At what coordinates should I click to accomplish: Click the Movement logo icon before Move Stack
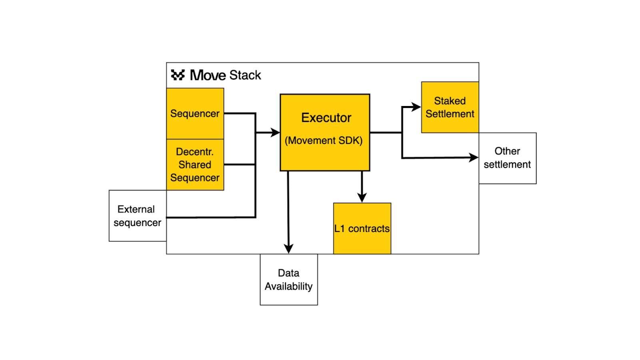click(x=178, y=75)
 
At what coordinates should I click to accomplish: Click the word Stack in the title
click(x=245, y=75)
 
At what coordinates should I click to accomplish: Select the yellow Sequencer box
click(x=195, y=113)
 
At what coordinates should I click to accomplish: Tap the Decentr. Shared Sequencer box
click(x=195, y=164)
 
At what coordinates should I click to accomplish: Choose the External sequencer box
click(x=138, y=216)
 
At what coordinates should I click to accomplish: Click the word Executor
click(x=326, y=118)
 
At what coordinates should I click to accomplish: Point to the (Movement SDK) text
click(x=324, y=140)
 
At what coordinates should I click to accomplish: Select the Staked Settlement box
click(x=450, y=107)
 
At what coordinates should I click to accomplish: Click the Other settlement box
click(x=507, y=158)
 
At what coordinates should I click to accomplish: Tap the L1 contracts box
click(x=362, y=228)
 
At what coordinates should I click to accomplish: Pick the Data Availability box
click(x=288, y=280)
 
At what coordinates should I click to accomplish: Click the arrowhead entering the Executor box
click(x=275, y=132)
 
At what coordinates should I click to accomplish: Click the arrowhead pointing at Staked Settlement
click(x=416, y=107)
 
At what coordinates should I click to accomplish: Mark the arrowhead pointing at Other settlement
click(x=474, y=158)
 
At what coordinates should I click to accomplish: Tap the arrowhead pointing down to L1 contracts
click(x=362, y=198)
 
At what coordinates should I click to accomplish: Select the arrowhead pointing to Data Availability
click(x=288, y=248)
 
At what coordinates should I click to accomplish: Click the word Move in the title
click(x=208, y=75)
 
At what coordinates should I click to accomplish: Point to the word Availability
click(x=288, y=286)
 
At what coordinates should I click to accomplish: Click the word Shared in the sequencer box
click(x=195, y=165)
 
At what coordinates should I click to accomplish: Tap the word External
click(x=136, y=209)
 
